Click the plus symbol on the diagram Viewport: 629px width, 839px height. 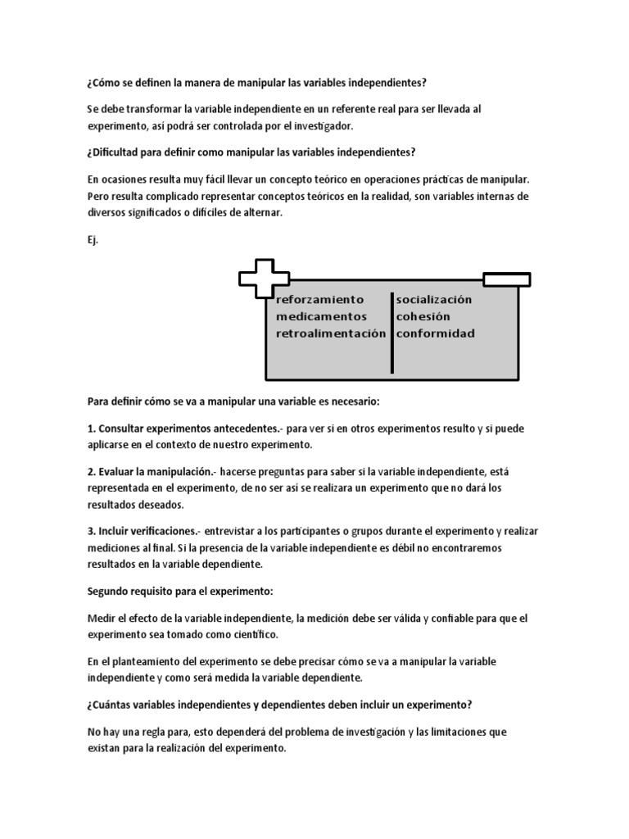258,278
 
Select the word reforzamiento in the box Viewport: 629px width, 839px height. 320,300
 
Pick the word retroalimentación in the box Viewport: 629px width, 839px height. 331,333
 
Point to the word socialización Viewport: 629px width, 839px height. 434,300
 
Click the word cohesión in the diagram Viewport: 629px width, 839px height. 423,316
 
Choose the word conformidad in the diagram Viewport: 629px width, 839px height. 435,333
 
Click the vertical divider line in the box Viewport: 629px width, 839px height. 391,332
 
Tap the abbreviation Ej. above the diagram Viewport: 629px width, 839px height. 93,241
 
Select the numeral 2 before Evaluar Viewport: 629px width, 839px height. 90,472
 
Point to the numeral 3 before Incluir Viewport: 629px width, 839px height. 90,531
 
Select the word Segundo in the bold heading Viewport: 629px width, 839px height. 109,591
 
